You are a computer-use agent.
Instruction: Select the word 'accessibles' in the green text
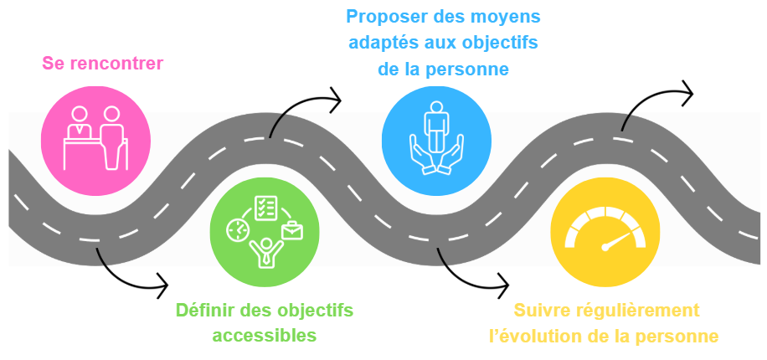click(x=265, y=335)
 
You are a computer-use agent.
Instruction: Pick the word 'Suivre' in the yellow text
click(x=540, y=311)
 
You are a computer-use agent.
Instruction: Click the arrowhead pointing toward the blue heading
click(x=336, y=100)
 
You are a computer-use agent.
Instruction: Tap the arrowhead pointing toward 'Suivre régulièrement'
click(x=502, y=285)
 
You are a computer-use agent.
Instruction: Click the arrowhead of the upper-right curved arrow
click(x=687, y=93)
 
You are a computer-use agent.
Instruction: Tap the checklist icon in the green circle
click(x=265, y=206)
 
